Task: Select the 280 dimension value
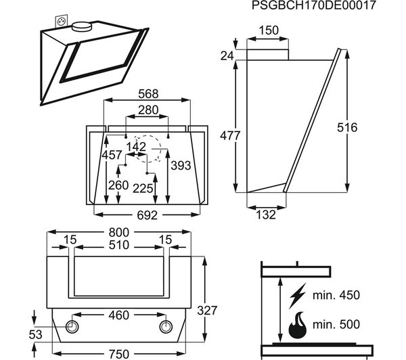tap(147, 110)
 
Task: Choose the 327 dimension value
tap(208, 311)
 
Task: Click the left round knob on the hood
tap(72, 328)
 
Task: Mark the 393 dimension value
tap(179, 166)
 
